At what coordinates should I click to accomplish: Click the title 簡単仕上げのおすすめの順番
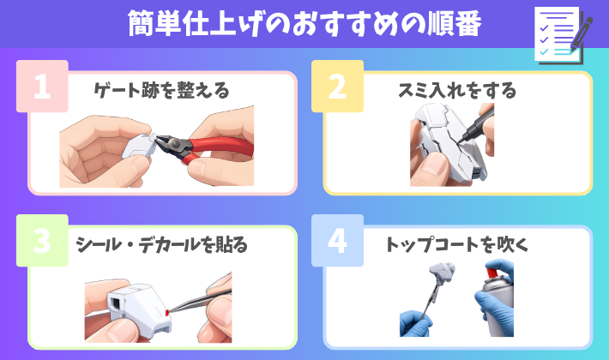pyautogui.click(x=304, y=24)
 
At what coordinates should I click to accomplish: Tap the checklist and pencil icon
pyautogui.click(x=564, y=35)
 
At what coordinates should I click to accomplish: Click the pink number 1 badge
pyautogui.click(x=42, y=86)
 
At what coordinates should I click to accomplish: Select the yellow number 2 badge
pyautogui.click(x=337, y=86)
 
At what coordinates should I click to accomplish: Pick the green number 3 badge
pyautogui.click(x=42, y=241)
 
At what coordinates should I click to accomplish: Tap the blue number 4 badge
pyautogui.click(x=337, y=241)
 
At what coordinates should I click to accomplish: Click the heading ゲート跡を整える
pyautogui.click(x=161, y=90)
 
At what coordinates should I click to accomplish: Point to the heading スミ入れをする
pyautogui.click(x=457, y=90)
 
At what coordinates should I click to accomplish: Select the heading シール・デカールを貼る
pyautogui.click(x=161, y=245)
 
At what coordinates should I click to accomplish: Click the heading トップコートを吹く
pyautogui.click(x=457, y=245)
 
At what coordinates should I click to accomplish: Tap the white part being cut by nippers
pyautogui.click(x=139, y=147)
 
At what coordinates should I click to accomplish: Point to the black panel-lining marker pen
pyautogui.click(x=477, y=124)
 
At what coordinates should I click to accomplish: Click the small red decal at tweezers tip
pyautogui.click(x=167, y=312)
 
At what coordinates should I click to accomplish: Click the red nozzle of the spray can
pyautogui.click(x=491, y=273)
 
